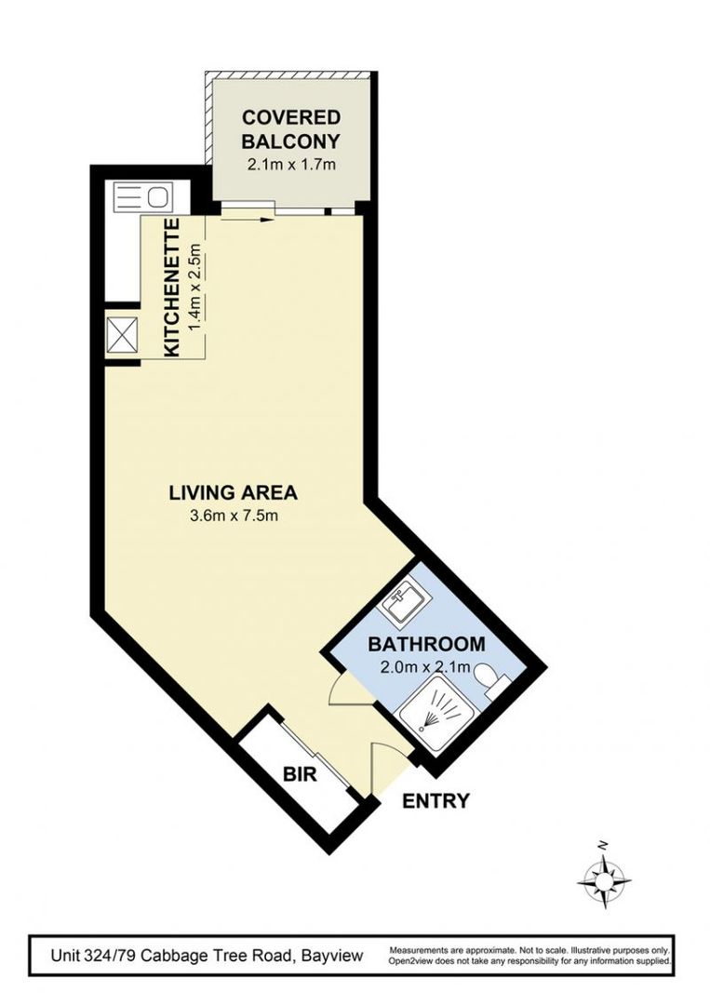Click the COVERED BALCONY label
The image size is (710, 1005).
[291, 129]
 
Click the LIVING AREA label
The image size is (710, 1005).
[233, 492]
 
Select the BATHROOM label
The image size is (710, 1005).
[426, 644]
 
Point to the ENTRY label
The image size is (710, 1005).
[435, 800]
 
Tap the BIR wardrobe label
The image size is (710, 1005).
[299, 774]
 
